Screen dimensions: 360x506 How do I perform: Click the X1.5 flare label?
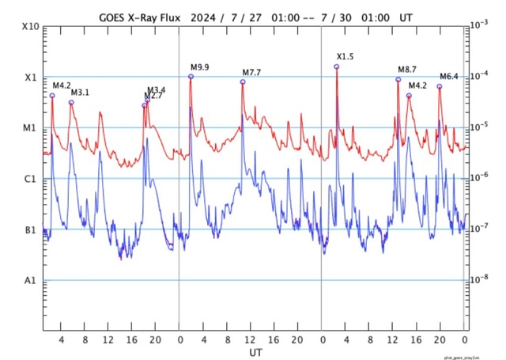[346, 56]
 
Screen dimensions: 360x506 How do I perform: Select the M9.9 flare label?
[199, 66]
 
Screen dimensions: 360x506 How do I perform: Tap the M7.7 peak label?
[251, 73]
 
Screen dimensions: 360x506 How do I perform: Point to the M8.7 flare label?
[406, 70]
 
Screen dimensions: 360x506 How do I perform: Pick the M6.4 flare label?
[448, 77]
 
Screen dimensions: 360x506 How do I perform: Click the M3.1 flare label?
[81, 93]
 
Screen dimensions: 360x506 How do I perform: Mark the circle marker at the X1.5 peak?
[337, 66]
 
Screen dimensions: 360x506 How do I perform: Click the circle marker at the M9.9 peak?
[191, 76]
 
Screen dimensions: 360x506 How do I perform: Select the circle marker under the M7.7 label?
[243, 81]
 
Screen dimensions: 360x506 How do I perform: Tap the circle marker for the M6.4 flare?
[440, 86]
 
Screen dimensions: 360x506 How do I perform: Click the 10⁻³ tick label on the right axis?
[479, 25]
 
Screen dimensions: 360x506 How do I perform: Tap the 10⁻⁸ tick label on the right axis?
[479, 279]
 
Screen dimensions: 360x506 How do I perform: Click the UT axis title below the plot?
[255, 351]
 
